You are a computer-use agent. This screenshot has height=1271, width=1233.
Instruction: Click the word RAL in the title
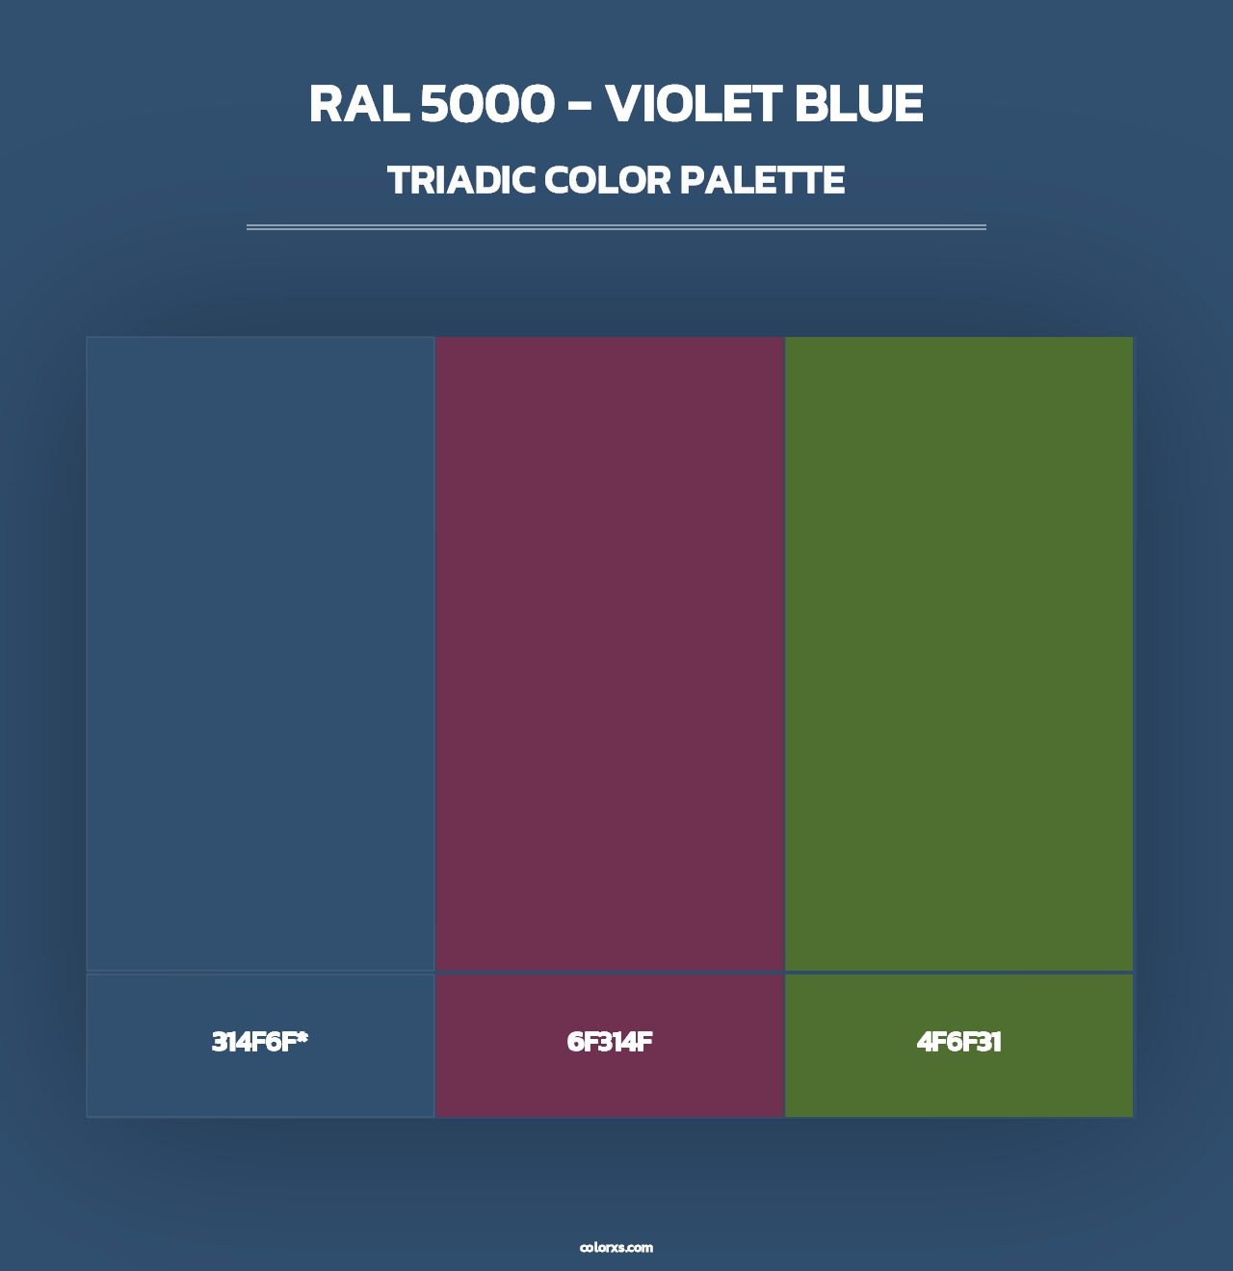[358, 105]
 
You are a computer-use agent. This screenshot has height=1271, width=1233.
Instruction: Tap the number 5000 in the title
[487, 105]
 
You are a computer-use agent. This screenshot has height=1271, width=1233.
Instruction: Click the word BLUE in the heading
[859, 105]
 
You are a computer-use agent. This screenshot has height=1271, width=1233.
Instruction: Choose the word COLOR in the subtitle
[606, 181]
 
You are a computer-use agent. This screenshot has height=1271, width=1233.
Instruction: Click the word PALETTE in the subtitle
[762, 181]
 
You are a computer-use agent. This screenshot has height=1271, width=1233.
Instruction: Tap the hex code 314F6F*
[259, 1042]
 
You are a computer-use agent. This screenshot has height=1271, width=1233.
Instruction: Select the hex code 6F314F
[610, 1042]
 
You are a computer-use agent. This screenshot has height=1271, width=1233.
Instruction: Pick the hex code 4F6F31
[959, 1042]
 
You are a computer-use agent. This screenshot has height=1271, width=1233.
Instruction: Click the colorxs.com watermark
[616, 1247]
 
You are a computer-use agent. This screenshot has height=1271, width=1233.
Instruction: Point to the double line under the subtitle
[616, 227]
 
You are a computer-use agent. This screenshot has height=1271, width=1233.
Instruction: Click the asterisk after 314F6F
[302, 1037]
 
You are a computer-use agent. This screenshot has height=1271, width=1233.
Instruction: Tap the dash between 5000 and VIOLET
[579, 107]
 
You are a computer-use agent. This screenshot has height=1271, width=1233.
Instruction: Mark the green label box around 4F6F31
[959, 1088]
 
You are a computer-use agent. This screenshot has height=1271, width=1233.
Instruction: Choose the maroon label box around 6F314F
[610, 1088]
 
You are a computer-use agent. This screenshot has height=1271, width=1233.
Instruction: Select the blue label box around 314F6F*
[260, 1088]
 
